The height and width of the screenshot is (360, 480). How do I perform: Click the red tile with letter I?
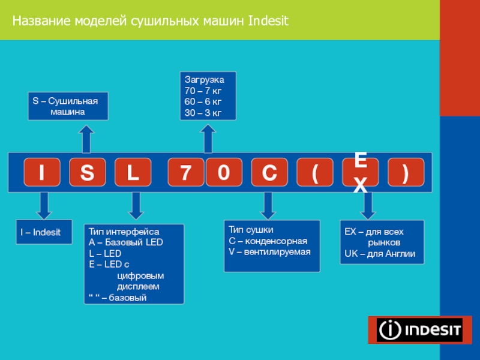41,173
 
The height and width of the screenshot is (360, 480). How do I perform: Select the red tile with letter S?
88,173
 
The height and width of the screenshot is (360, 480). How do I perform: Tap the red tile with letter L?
133,173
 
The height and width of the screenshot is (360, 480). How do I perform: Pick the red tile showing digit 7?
185,173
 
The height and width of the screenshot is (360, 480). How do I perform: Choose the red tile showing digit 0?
223,173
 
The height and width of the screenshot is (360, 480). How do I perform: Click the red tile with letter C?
269,173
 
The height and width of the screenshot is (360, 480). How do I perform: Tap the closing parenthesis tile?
406,173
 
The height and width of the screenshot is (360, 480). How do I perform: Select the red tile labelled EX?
361,173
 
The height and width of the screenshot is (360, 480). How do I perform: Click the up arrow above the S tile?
86,139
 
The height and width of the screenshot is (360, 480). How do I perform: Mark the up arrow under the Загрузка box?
208,139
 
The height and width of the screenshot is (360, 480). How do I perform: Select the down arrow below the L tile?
136,205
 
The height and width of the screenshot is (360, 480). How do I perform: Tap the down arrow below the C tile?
268,205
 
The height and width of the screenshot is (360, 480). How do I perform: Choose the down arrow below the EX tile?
367,205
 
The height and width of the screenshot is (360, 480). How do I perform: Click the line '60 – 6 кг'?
203,101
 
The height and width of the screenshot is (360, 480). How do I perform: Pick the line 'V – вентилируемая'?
270,251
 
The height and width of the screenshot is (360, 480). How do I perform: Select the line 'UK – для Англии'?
379,254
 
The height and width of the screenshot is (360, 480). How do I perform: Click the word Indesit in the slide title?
268,22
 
